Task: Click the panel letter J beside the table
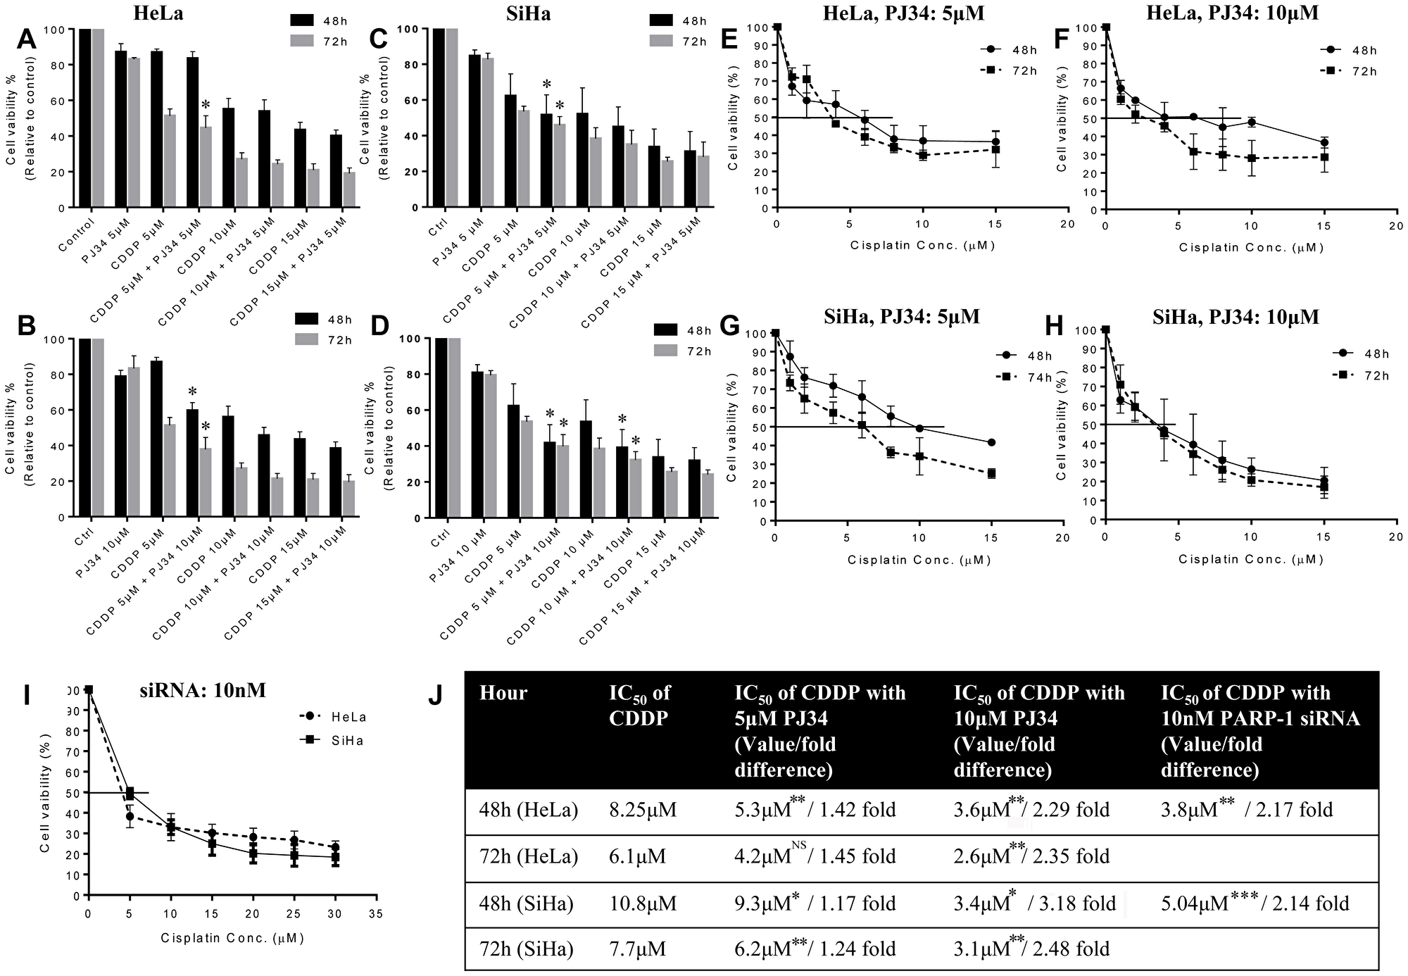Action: coord(436,696)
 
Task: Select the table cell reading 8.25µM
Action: coord(642,810)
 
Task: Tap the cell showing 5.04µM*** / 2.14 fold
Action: coord(1255,903)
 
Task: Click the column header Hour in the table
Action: coord(503,694)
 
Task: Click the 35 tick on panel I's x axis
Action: coord(376,914)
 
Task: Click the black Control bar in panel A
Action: coord(85,118)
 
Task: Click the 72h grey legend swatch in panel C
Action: coord(662,42)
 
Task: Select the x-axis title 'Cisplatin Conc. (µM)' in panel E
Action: coord(922,245)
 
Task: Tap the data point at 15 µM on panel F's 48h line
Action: coord(1324,142)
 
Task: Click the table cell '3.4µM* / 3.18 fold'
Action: coord(1035,903)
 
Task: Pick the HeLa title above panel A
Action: coord(158,13)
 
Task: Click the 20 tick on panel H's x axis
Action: coord(1396,537)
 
